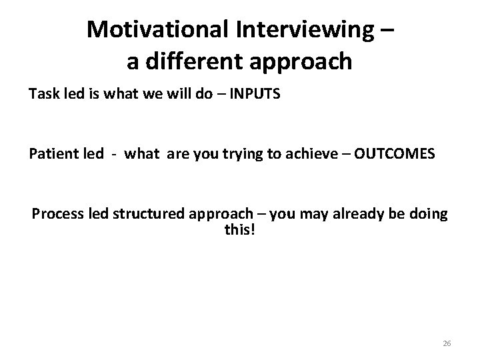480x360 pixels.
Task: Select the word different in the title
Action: [197, 61]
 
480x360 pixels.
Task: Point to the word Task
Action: [43, 95]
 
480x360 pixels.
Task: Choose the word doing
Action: [429, 215]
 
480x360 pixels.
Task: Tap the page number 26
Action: [447, 343]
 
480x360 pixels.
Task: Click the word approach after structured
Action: [215, 215]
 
